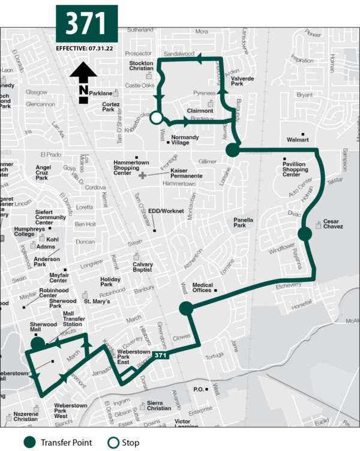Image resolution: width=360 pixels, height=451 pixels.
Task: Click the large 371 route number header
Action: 86,23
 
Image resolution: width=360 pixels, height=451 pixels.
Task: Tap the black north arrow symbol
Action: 83,82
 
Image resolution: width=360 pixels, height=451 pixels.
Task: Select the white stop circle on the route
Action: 156,118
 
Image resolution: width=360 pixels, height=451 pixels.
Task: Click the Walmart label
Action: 298,140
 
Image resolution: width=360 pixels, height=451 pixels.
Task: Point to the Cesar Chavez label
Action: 333,224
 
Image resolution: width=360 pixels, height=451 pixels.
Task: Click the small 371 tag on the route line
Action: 159,356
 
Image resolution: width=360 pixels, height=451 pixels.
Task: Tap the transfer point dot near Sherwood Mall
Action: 38,344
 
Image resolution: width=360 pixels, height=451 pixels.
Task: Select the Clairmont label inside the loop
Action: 200,111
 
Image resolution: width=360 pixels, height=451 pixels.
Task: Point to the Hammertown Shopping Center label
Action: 131,168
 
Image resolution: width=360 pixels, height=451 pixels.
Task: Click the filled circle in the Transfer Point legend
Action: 31,443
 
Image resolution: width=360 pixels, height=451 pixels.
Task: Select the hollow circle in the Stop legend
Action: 112,443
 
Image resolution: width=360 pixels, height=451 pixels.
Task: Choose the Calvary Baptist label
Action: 143,267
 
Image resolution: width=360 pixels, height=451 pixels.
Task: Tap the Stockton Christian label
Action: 142,66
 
